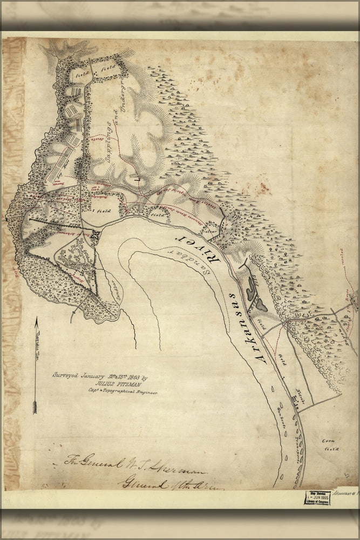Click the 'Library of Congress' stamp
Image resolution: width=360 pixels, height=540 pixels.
pyautogui.click(x=317, y=497)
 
